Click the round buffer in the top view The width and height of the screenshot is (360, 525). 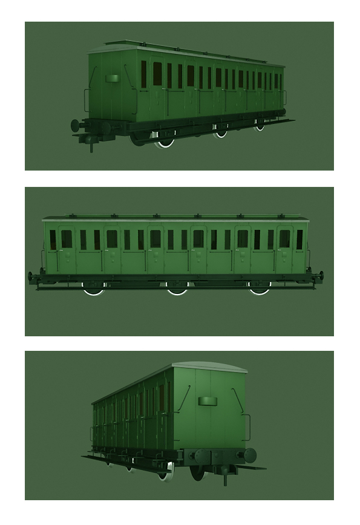coord(76,126)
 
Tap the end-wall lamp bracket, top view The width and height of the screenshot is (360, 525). coord(112,79)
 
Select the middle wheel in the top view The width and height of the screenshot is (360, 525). coord(221,132)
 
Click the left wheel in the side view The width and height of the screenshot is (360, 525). coord(94,289)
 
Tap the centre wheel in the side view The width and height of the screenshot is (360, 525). coord(177,289)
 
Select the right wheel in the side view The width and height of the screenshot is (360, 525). coord(260,289)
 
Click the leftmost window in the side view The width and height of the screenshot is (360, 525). coord(53,240)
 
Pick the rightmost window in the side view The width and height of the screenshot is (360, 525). coord(299,240)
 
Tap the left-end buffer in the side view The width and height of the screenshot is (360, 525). coord(30,277)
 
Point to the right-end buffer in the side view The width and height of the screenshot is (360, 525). coord(321,276)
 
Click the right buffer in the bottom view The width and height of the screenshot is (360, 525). coord(250,455)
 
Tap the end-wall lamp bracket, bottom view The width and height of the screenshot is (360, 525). coord(207,400)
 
